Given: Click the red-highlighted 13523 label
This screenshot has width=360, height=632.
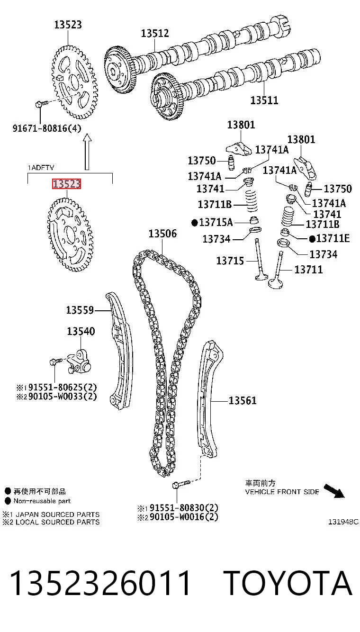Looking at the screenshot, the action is click(67, 184).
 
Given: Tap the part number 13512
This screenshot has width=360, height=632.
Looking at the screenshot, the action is click(155, 33).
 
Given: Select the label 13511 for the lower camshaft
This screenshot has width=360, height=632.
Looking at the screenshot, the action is click(264, 100).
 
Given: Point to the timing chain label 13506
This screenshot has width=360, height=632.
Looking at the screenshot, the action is click(162, 234).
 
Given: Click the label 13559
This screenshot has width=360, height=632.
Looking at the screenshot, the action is click(80, 310).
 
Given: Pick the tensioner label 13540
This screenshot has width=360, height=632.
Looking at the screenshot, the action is click(81, 331).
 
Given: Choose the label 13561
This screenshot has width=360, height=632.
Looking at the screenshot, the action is click(243, 400).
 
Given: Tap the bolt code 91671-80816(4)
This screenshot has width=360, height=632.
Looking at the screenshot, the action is click(47, 128).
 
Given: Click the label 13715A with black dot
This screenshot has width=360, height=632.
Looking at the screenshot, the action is click(212, 222).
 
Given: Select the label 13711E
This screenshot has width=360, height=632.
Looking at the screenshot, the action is click(330, 238).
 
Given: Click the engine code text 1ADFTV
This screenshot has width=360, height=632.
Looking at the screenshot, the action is click(41, 168).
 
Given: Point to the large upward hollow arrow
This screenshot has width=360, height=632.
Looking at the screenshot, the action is click(88, 152).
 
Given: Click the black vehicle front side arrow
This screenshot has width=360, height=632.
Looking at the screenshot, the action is click(334, 491).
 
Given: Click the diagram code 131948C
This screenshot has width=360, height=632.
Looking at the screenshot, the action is click(343, 522).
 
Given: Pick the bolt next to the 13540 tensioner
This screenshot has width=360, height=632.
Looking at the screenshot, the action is click(56, 361).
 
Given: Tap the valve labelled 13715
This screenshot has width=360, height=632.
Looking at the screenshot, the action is click(260, 260).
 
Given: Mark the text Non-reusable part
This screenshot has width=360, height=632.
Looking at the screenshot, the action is click(42, 501).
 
